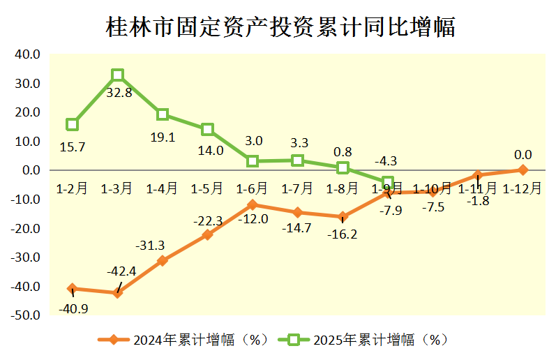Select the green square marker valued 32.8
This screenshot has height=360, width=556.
coord(118,75)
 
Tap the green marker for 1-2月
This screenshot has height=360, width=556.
coord(73,124)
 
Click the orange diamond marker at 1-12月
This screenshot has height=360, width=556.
coord(523,170)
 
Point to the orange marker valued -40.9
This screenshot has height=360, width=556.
coord(73,288)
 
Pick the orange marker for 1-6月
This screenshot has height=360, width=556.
coord(252,204)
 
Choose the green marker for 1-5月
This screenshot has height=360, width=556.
coord(207,129)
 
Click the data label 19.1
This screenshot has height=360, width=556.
coord(163,137)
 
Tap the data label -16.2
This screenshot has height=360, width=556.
coord(342,234)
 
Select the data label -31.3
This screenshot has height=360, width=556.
coord(151,245)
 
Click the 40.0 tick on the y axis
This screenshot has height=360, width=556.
coord(28,54)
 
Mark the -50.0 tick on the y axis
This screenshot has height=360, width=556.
coord(27,315)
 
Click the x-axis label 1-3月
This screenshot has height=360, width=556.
coord(117,188)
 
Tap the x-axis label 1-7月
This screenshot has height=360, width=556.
coord(297,188)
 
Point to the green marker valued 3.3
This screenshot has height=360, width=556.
coord(298,160)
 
